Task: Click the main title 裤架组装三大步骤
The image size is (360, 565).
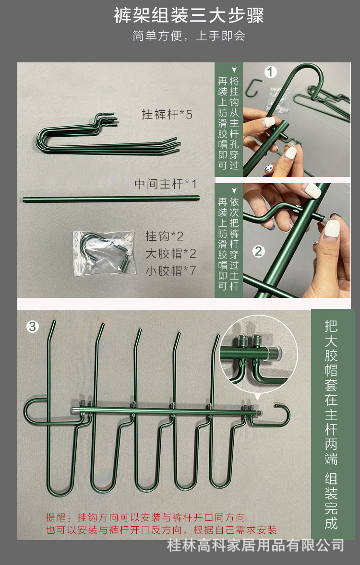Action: [189, 15]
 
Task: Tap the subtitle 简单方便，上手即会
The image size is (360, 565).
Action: [189, 35]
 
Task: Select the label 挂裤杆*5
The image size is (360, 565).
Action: [167, 115]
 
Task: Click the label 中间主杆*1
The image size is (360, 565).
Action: [166, 184]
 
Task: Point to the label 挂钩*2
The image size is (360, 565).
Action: [165, 236]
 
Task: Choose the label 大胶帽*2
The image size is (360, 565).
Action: [171, 253]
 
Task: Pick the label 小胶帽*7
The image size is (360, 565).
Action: [171, 270]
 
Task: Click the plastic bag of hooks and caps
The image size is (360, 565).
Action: [105, 253]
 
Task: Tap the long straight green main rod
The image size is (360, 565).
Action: [111, 199]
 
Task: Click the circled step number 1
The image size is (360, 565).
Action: [271, 72]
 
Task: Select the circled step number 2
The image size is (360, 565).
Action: [259, 251]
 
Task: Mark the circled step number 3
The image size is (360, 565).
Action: [33, 327]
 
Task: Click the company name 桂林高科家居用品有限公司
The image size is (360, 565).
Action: [255, 545]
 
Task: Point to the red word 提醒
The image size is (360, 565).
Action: [56, 518]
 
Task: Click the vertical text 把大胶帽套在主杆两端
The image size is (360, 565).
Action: [331, 392]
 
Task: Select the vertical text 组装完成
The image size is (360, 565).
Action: [331, 501]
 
